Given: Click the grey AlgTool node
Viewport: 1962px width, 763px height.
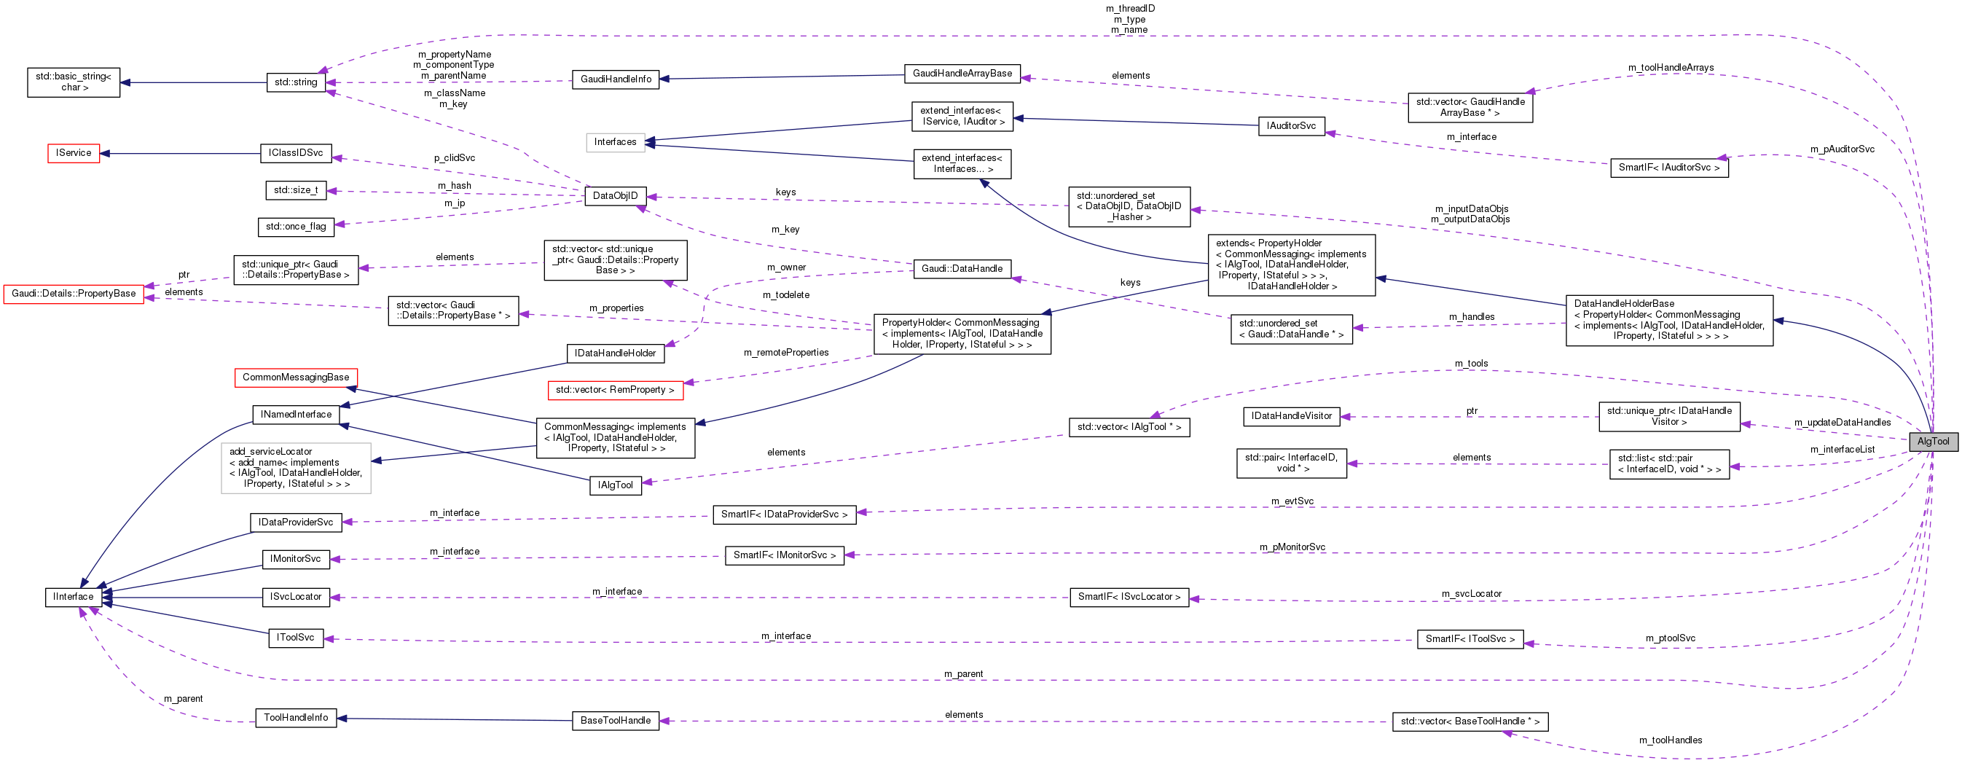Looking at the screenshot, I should tap(1932, 442).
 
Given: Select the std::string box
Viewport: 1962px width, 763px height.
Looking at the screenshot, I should tap(296, 82).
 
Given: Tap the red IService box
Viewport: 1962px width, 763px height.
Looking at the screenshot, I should tap(73, 153).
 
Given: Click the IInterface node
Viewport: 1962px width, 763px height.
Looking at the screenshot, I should tap(73, 597).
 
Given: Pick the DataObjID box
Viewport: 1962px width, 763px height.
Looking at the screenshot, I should tap(615, 196).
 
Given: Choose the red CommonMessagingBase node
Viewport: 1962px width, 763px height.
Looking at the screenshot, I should tap(296, 377).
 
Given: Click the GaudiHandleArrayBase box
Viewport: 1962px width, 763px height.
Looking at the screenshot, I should tap(962, 74).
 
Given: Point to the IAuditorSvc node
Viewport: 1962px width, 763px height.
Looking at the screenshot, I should tap(1290, 125).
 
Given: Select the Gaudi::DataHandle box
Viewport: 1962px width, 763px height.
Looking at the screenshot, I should tap(961, 269).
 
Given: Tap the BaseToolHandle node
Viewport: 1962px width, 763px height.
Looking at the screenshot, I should tap(615, 720).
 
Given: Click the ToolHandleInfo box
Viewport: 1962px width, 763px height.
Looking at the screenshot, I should tap(296, 718).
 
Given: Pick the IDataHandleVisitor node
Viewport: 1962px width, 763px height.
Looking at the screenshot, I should tap(1291, 417).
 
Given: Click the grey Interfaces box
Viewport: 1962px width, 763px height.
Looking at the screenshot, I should tap(615, 142).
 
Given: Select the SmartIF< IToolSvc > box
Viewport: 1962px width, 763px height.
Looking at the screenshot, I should tap(1469, 639).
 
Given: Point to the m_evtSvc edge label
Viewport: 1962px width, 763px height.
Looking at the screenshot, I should tap(1292, 501).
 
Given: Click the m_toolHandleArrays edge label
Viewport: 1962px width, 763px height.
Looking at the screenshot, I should tap(1671, 68).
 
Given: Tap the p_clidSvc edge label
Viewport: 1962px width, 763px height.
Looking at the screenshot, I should tap(454, 158).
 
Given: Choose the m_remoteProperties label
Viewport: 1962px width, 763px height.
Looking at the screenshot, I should tap(786, 353).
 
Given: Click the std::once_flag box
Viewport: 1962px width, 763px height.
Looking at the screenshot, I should tap(296, 227).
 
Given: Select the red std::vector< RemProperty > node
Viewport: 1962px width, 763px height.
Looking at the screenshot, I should tap(615, 390).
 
